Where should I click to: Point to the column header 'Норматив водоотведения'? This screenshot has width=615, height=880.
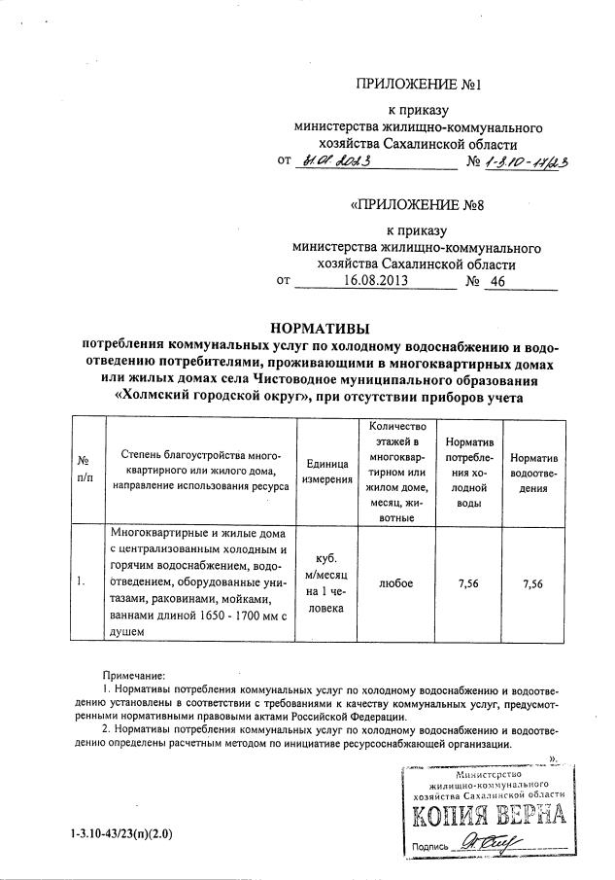[532, 469]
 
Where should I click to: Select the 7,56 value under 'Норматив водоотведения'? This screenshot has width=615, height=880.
[532, 582]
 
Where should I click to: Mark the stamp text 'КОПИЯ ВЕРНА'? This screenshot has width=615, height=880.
[490, 815]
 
